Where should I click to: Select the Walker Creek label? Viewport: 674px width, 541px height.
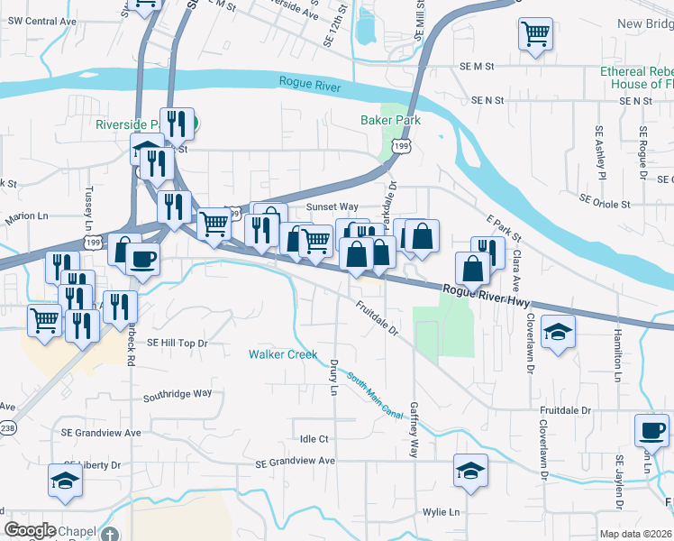tap(283, 354)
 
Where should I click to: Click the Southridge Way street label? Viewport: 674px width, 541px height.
tap(178, 394)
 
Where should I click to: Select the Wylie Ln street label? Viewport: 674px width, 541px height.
tap(441, 512)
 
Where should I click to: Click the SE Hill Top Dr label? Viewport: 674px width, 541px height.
tap(178, 344)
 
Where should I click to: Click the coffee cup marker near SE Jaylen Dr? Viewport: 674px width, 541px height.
tap(651, 429)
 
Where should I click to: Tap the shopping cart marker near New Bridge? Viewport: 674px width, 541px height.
tap(536, 34)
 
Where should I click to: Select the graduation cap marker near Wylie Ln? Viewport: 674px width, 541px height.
tap(469, 470)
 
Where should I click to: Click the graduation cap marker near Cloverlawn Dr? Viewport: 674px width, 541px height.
tap(559, 331)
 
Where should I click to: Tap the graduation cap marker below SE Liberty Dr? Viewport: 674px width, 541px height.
tap(66, 480)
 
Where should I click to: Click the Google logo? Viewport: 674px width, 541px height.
tap(30, 530)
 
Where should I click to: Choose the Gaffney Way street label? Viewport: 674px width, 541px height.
tap(414, 430)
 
